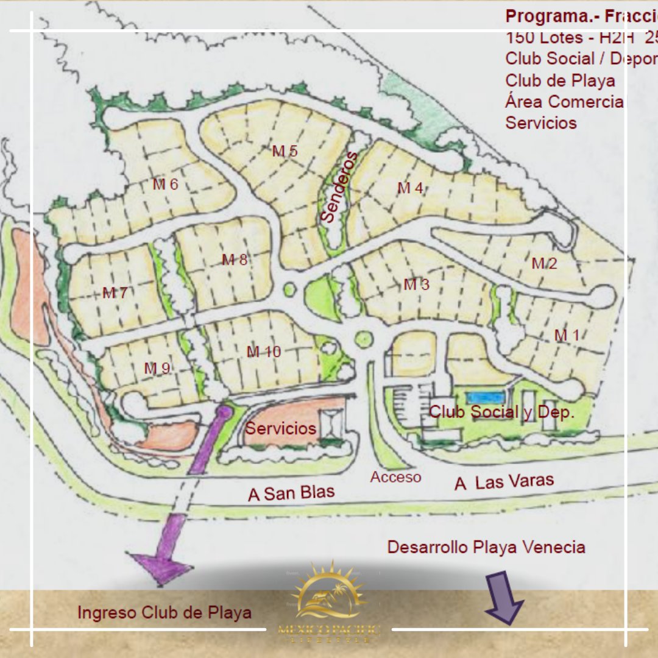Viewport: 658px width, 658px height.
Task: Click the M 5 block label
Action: pos(285,151)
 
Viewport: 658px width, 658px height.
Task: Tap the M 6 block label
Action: pos(165,184)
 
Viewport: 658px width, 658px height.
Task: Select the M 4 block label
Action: pos(410,188)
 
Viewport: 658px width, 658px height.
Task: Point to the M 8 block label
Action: pos(235,260)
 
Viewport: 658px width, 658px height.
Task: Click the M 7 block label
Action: pos(115,293)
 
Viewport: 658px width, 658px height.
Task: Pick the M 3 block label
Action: pos(417,285)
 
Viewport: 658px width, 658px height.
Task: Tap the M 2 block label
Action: pos(544,264)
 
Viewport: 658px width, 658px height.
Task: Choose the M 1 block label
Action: pos(567,335)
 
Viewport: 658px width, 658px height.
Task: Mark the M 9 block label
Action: pos(157,369)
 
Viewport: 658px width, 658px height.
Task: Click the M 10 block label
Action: pos(264,352)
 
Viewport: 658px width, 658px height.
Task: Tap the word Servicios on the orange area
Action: pos(281,428)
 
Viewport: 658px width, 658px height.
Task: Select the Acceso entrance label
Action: pos(395,477)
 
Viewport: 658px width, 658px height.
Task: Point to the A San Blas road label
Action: pos(291,493)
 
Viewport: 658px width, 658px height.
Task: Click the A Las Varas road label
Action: pos(504,482)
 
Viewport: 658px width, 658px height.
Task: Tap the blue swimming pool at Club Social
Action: pos(485,397)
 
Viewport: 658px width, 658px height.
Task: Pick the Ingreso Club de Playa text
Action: pos(164,612)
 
